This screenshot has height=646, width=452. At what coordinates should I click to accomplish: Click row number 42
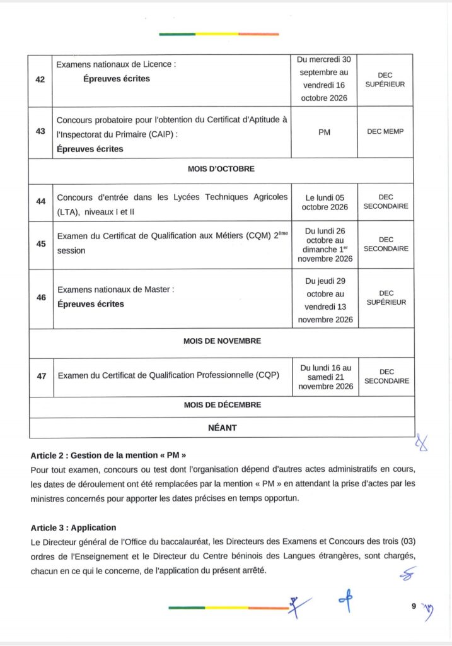point(40,80)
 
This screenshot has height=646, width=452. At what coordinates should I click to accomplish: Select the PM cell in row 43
point(325,132)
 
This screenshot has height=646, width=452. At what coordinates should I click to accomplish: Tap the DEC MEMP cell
point(385,132)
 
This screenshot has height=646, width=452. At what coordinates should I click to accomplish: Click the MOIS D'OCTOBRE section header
point(221,169)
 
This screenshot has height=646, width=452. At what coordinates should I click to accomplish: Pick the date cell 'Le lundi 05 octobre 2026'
point(325,202)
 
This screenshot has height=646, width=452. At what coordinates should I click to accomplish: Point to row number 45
point(41,244)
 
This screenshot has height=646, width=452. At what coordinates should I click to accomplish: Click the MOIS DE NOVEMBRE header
point(222,341)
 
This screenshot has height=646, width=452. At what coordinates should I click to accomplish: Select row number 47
point(42,376)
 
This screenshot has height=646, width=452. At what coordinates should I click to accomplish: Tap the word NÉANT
point(222,427)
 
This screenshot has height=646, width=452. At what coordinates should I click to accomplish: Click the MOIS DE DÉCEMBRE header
point(222,405)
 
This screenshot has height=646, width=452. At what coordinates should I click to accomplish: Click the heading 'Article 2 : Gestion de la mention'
point(108,455)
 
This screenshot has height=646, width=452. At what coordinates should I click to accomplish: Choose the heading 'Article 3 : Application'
point(73,527)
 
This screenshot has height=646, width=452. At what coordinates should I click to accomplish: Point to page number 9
point(414,606)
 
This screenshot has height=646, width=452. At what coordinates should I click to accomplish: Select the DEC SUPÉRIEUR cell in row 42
point(385,79)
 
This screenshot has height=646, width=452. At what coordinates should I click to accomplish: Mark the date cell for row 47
point(325,377)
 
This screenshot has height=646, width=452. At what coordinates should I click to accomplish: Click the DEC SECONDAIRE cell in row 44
point(386,202)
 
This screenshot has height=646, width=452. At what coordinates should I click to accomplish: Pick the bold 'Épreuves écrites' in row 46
point(91,304)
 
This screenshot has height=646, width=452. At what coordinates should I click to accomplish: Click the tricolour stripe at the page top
point(218,34)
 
